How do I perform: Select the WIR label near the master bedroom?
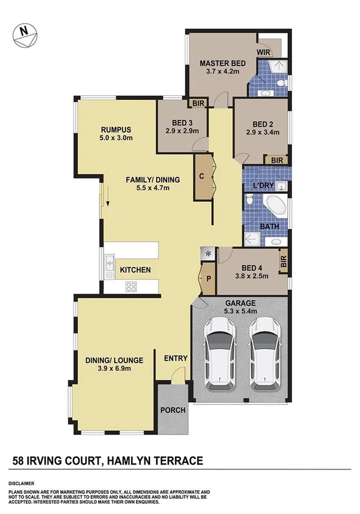(x=264, y=53)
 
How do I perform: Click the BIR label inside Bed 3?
(x=198, y=103)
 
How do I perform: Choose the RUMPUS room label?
(x=117, y=129)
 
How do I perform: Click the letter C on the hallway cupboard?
(x=201, y=177)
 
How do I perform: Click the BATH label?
(x=270, y=227)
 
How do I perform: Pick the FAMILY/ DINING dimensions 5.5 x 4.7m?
(x=152, y=188)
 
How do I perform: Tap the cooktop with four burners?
(x=131, y=285)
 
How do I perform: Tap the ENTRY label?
(x=175, y=359)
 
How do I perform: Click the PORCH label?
(x=173, y=410)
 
